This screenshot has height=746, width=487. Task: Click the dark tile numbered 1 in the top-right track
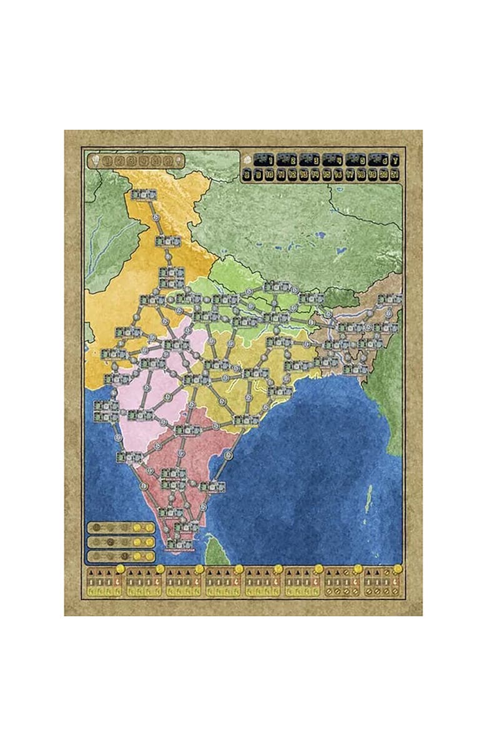coord(263,160)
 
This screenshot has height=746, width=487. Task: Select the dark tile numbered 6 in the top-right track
coord(378,160)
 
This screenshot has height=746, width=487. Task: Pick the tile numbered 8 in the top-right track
coord(247,175)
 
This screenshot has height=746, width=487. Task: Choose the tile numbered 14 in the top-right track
coord(315,175)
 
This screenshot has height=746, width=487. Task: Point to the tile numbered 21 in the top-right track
coord(395,175)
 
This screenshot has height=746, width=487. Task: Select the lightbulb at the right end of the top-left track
coord(179,160)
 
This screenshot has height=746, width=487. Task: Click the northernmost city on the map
coord(143,194)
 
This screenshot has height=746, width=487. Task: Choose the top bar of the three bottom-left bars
coord(121,528)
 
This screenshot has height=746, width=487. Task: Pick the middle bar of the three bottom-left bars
coord(121,541)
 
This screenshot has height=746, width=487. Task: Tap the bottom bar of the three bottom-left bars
coord(121,556)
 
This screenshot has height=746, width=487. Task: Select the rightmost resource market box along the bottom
coord(383,583)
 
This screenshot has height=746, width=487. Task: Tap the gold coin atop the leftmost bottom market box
coord(121,569)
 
